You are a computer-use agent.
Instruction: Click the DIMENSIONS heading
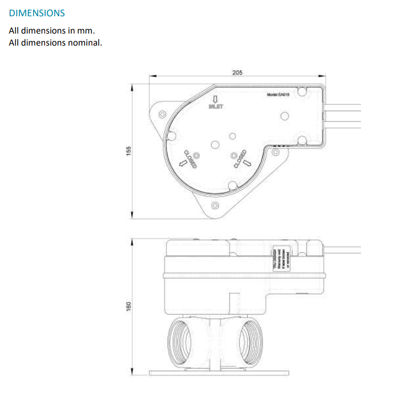point(37,12)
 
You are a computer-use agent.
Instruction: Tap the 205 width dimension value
point(237,73)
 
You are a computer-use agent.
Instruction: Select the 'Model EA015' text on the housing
point(278,94)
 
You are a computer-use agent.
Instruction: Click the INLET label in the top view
point(216,107)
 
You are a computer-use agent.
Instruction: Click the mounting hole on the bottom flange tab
point(215,205)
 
